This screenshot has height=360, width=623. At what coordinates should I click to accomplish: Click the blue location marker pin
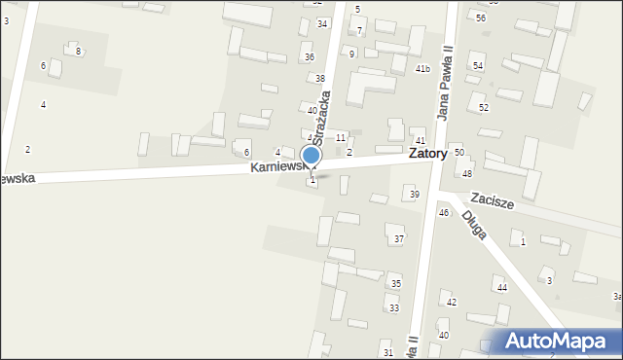click(311, 157)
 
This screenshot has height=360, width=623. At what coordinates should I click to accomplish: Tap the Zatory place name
click(428, 154)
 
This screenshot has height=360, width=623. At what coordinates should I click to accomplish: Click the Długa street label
click(474, 230)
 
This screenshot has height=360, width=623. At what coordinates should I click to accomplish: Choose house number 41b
click(422, 69)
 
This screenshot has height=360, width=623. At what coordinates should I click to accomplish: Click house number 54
click(478, 65)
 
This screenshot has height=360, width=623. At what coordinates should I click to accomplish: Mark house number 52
click(484, 107)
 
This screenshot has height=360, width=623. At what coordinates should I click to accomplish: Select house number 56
click(481, 18)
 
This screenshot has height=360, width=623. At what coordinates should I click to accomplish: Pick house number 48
click(467, 173)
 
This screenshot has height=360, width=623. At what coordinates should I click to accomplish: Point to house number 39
click(414, 195)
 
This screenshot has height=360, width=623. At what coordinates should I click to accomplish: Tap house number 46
click(444, 212)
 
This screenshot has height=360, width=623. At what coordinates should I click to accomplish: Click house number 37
click(398, 238)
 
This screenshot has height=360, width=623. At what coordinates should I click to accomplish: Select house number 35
click(395, 283)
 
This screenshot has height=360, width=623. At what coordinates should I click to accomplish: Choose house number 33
click(394, 308)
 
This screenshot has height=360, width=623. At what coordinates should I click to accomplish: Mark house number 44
click(502, 287)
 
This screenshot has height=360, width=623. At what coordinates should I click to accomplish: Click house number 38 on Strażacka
click(319, 78)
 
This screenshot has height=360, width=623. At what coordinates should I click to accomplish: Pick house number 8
click(78, 51)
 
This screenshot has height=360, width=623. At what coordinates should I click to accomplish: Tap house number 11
click(341, 138)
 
